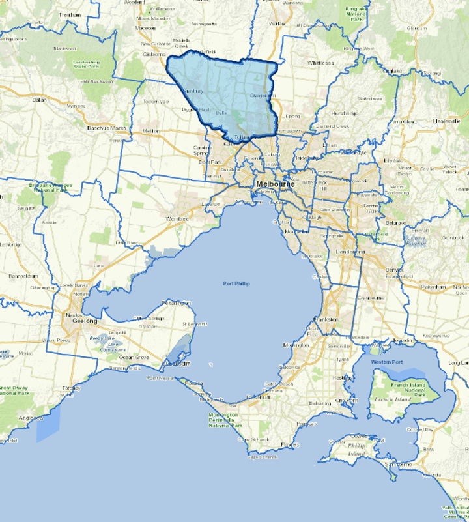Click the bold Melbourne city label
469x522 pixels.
tap(275, 184)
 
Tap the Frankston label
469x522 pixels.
tap(325, 320)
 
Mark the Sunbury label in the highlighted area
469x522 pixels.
tap(194, 91)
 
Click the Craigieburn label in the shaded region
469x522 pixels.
tap(259, 96)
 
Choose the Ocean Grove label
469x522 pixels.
tap(134, 357)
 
